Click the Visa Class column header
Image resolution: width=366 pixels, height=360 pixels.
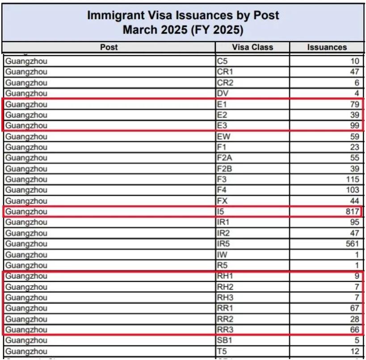pos(252,47)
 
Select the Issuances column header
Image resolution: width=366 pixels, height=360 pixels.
pos(327,47)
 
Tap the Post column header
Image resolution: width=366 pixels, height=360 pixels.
pos(109,47)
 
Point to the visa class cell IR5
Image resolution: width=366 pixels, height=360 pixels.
pos(223,243)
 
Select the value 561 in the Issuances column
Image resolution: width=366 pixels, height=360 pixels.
pos(353,243)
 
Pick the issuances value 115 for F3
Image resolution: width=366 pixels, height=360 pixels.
pos(353,179)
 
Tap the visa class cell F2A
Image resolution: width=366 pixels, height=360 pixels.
pos(223,158)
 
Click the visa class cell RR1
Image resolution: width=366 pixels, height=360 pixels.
pos(223,308)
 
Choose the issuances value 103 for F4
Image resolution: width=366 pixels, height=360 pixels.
pos(353,190)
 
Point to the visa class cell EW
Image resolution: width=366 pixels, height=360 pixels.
pos(222,136)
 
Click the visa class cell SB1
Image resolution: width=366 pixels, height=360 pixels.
pos(223,340)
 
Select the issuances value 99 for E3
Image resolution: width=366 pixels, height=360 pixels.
pos(355,126)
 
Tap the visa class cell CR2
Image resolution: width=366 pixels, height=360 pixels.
pos(223,83)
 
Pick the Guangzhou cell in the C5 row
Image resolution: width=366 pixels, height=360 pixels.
pos(26,61)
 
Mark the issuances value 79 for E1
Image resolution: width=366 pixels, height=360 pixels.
pos(355,104)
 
